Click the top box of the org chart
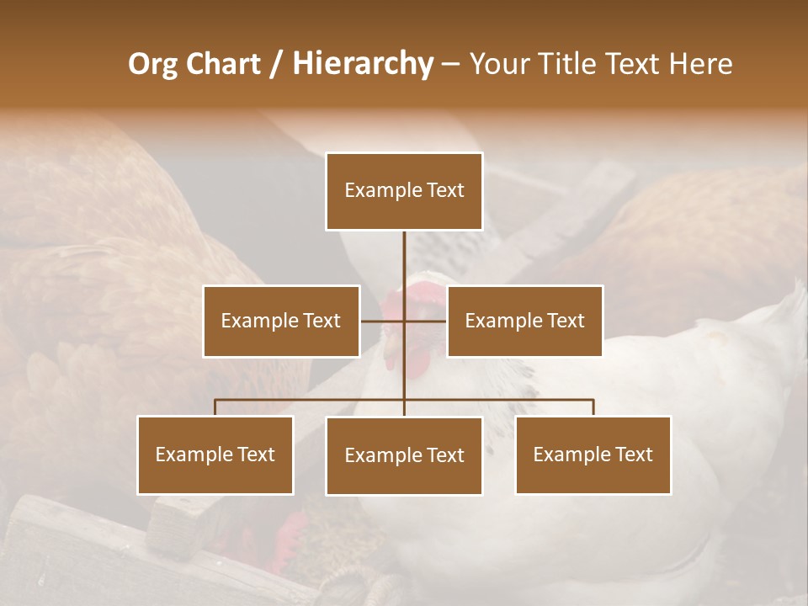[404, 191]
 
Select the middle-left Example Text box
[281, 321]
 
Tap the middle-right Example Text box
[524, 321]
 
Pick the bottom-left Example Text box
[215, 454]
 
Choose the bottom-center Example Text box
[404, 455]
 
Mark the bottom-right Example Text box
[593, 454]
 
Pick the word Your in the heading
[498, 64]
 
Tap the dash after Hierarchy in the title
[450, 65]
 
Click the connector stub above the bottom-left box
[215, 407]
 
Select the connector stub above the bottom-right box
[593, 407]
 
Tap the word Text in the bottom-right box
[633, 454]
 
